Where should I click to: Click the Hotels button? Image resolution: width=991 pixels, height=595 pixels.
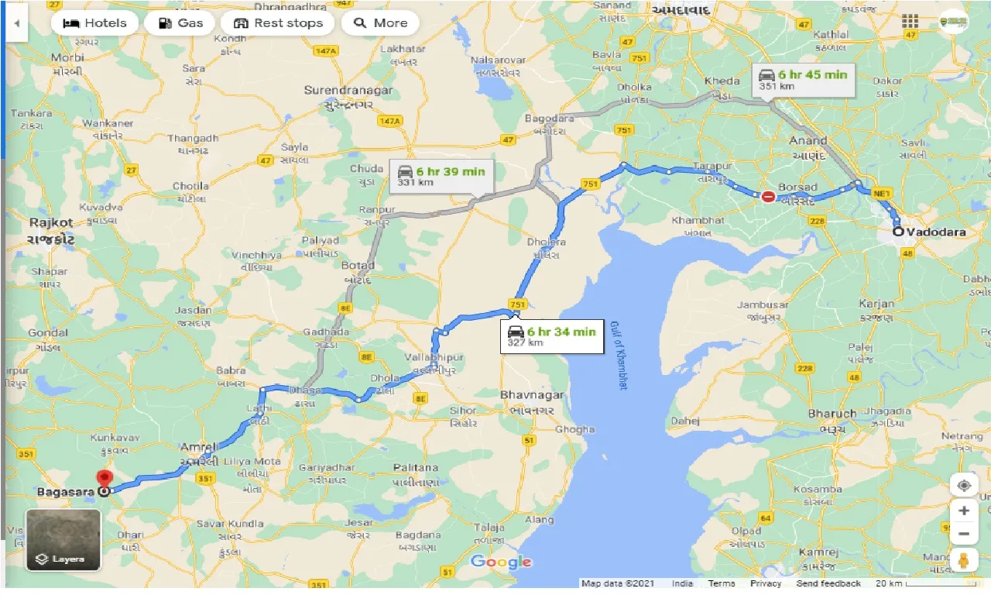tap(94, 23)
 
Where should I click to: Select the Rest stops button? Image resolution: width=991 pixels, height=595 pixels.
tap(278, 23)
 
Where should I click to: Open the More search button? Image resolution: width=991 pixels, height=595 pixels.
tap(380, 23)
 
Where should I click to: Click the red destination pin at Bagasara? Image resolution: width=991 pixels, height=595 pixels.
tap(104, 479)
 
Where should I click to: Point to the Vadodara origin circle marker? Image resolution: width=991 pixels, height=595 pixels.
tap(897, 231)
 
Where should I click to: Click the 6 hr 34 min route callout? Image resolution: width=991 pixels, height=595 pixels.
tap(551, 336)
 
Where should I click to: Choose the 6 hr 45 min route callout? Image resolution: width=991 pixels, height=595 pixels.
tap(803, 79)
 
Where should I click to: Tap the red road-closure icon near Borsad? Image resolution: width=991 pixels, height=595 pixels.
tap(767, 197)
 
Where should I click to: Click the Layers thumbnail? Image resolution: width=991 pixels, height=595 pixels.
tap(63, 539)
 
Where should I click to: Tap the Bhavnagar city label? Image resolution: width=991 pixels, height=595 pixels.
tap(533, 395)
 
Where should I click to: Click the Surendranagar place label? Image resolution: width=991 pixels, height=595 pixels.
tap(348, 91)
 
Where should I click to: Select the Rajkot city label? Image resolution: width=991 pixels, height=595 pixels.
tap(50, 222)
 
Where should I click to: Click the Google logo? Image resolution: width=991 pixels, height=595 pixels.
tap(501, 562)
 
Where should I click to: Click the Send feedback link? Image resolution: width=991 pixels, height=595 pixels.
tap(828, 583)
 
